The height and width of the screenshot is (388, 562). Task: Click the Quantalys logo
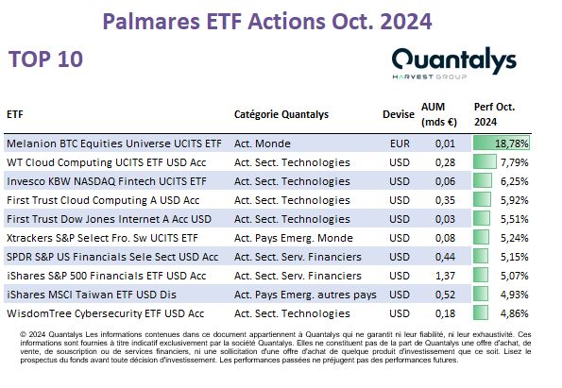[454, 62]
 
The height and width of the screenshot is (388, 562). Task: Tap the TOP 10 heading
[45, 59]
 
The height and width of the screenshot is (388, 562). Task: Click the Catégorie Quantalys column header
[281, 114]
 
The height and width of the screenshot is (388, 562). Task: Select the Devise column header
[399, 114]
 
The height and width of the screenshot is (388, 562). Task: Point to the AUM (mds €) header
[439, 114]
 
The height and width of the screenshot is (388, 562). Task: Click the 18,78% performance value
[511, 143]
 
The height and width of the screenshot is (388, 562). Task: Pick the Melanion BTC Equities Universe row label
[114, 143]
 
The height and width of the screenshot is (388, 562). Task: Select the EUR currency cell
[400, 143]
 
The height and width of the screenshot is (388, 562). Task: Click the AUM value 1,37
[445, 276]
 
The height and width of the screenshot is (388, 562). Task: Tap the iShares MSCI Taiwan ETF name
[92, 295]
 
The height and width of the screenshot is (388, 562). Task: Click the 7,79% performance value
[515, 162]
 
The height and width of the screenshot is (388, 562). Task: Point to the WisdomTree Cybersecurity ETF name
[106, 313]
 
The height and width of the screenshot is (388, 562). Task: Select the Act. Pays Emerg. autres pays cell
[305, 295]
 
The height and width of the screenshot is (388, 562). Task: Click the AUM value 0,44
[445, 257]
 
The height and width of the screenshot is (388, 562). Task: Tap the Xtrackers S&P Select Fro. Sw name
[102, 238]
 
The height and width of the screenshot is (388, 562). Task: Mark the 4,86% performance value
[515, 313]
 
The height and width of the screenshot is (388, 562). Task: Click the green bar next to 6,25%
[483, 181]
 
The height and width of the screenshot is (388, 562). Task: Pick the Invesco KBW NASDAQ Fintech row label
[107, 181]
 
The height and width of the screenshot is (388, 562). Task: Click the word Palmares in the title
[151, 22]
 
